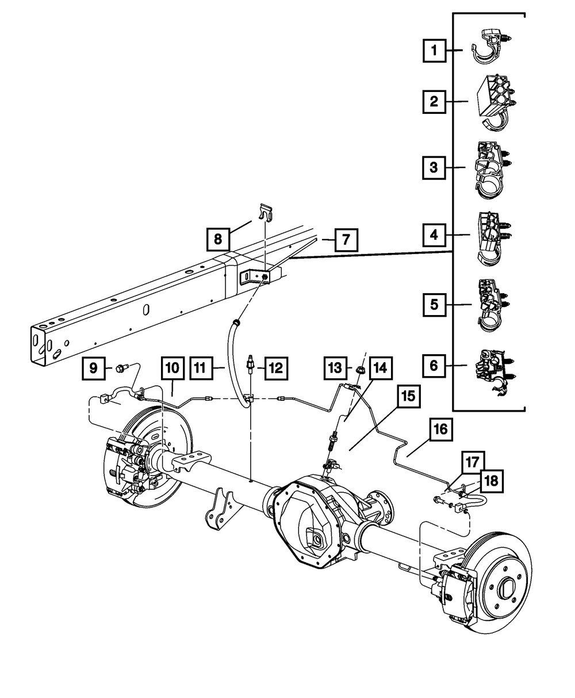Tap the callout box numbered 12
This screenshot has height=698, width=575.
275,367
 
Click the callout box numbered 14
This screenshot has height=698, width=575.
381,367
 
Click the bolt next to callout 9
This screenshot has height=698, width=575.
122,366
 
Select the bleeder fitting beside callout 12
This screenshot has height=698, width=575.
251,365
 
